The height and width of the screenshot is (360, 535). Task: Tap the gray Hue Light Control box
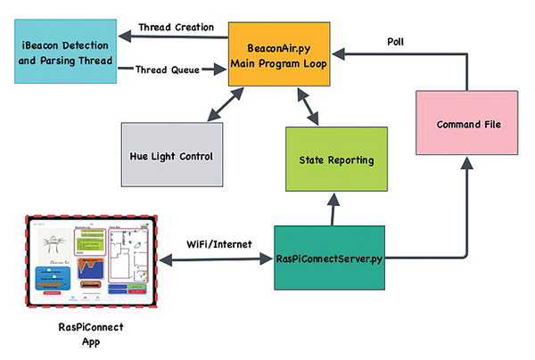(x=169, y=155)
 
